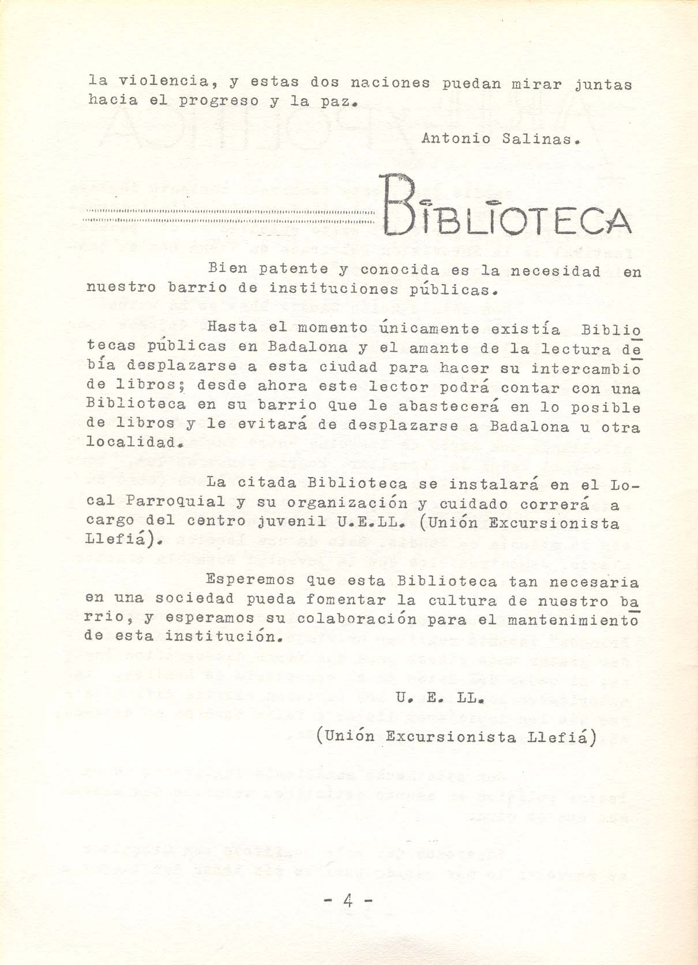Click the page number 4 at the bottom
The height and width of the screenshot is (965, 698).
pos(348,900)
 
